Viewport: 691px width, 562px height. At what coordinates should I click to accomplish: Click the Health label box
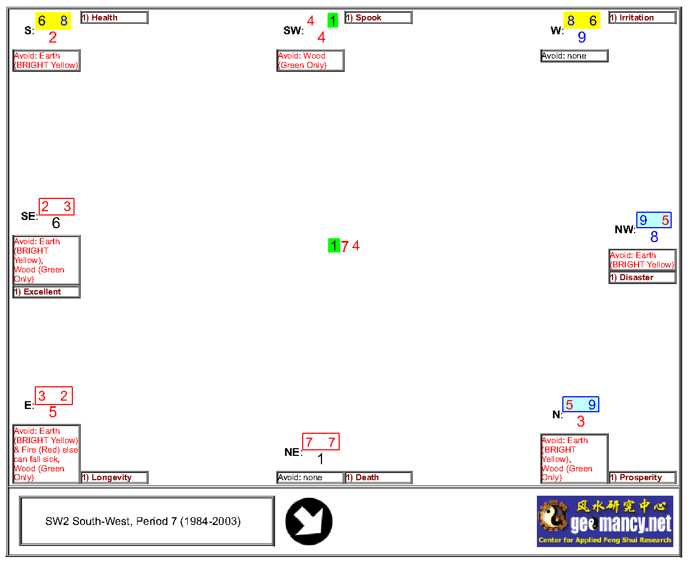click(114, 18)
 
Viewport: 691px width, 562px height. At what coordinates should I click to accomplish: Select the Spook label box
click(378, 18)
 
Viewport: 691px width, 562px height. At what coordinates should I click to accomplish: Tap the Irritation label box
click(642, 18)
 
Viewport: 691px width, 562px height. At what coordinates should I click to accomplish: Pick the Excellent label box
click(46, 292)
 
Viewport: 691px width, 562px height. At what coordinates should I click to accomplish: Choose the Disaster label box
click(642, 277)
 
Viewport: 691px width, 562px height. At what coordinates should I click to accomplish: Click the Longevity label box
click(114, 477)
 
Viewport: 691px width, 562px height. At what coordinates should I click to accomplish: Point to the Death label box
click(378, 477)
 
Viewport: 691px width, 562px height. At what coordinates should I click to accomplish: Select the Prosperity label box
click(642, 477)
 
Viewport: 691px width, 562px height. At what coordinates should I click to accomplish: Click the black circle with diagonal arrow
click(309, 522)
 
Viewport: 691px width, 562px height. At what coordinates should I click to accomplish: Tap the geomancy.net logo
click(605, 521)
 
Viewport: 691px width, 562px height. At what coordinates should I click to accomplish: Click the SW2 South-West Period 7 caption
click(147, 521)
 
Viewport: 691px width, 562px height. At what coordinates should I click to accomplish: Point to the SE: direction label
click(29, 216)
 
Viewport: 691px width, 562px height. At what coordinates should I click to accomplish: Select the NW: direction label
click(625, 229)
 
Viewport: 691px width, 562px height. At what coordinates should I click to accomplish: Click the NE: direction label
click(293, 452)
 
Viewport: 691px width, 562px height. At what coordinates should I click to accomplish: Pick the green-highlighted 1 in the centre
click(334, 245)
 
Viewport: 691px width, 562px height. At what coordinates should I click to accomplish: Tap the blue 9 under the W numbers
click(582, 37)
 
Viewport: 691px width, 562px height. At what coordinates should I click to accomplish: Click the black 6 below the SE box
click(56, 223)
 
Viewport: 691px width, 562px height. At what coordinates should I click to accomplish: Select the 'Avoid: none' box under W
click(574, 56)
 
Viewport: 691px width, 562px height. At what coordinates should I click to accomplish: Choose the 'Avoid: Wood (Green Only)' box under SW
click(310, 60)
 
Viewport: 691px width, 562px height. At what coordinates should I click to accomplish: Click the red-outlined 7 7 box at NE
click(320, 442)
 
